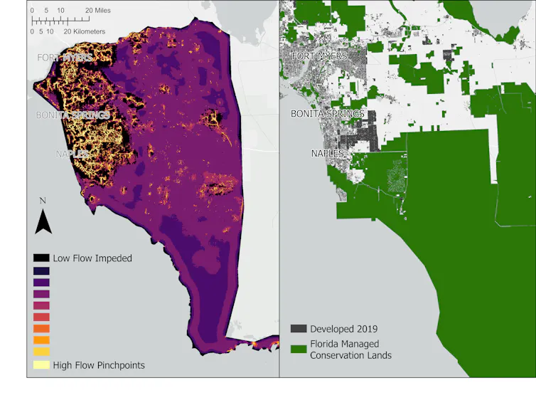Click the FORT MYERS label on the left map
pyautogui.click(x=64, y=57)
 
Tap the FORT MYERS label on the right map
pyautogui.click(x=319, y=56)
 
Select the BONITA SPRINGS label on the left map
pyautogui.click(x=73, y=115)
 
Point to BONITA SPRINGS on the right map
pyautogui.click(x=327, y=114)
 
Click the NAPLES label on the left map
pyautogui.click(x=73, y=154)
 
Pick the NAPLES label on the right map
pyautogui.click(x=328, y=154)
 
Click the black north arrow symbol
pyautogui.click(x=43, y=222)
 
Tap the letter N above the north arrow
pyautogui.click(x=43, y=201)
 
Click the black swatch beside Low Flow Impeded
pyautogui.click(x=41, y=258)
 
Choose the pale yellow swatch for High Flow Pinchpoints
pyautogui.click(x=41, y=365)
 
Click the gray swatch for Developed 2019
pyautogui.click(x=299, y=329)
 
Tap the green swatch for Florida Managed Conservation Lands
pyautogui.click(x=299, y=349)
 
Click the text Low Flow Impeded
pyautogui.click(x=92, y=258)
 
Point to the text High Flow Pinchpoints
pyautogui.click(x=99, y=365)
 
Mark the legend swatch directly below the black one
pyautogui.click(x=41, y=271)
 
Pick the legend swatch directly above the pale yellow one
pyautogui.click(x=41, y=352)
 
